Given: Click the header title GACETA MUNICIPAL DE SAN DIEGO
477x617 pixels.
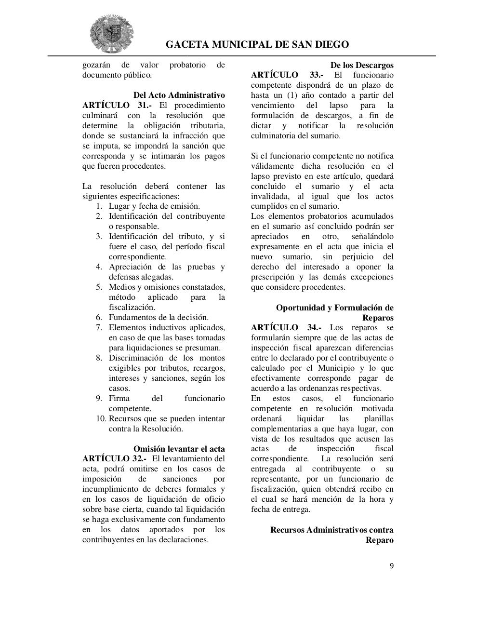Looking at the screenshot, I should [257, 45].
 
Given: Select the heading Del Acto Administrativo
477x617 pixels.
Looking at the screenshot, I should [179, 95].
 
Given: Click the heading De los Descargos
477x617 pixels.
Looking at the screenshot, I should [362, 65].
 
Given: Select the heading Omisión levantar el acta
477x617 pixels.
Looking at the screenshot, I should [179, 449].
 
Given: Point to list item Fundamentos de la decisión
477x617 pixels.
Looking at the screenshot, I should [159, 317].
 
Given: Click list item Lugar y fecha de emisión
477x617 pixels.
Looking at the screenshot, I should [154, 206].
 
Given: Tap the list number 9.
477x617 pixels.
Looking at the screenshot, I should [99, 398].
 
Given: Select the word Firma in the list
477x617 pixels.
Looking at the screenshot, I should [119, 398].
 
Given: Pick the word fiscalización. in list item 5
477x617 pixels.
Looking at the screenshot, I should [132, 307].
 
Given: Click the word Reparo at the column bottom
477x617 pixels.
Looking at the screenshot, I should [380, 540].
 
